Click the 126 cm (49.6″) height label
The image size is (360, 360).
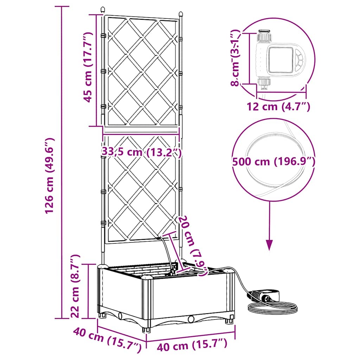pos(49,176)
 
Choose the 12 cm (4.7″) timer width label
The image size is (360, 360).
pos(278,107)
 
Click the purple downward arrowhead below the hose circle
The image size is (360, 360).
pos(269,244)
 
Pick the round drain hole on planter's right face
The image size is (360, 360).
pos(191,319)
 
